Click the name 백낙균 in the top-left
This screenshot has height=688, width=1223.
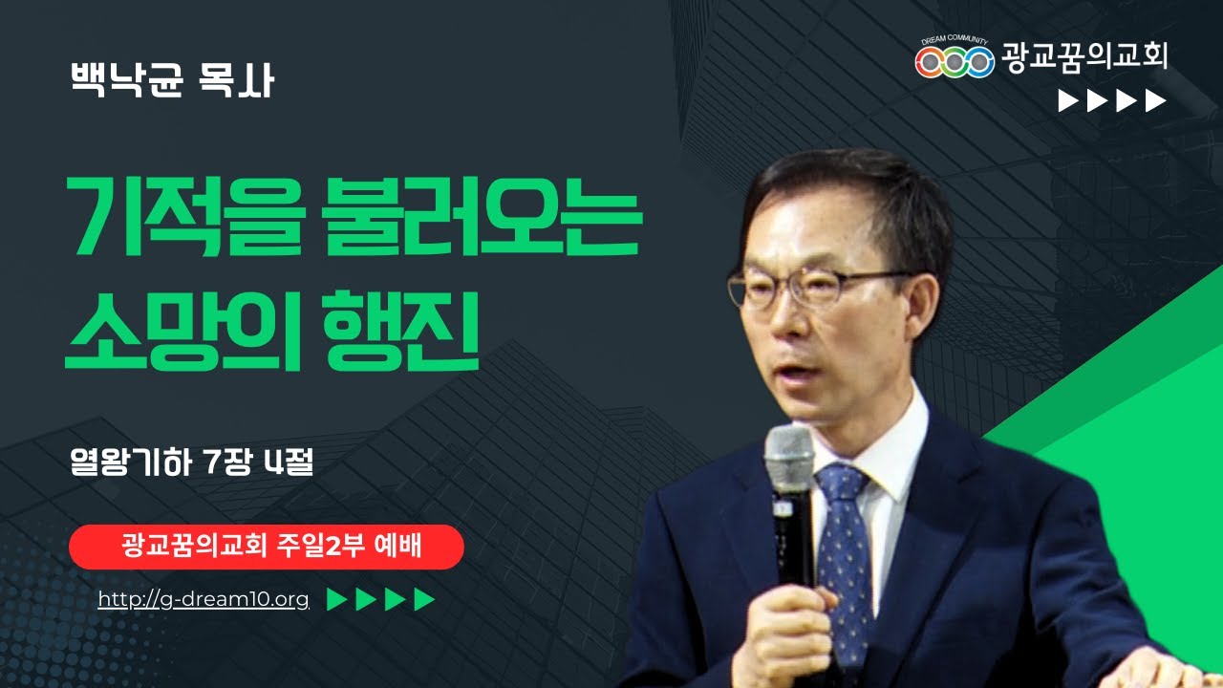[x=126, y=81]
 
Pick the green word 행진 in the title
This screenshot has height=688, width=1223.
[x=400, y=331]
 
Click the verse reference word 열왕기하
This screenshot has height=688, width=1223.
[x=131, y=462]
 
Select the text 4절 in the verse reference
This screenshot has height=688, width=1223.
[x=289, y=462]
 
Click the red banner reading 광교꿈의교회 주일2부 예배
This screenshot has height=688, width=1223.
[x=267, y=547]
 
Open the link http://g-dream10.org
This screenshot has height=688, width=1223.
[x=204, y=600]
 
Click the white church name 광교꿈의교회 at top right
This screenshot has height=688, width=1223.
[x=1084, y=57]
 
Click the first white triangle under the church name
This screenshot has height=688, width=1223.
[x=1068, y=101]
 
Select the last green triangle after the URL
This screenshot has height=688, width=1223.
[x=424, y=599]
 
